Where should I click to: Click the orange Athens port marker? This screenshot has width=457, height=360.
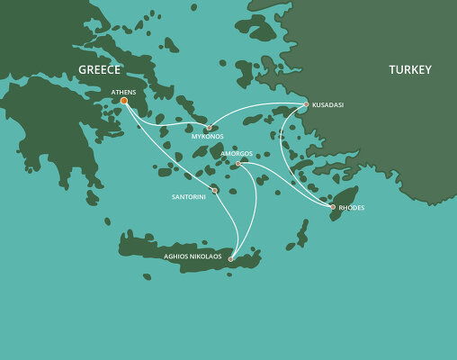click(x=124, y=101)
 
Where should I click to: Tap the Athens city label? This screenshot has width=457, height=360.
click(x=123, y=92)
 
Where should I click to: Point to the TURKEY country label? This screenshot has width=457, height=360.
click(x=410, y=70)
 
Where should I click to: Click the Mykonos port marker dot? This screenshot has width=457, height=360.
click(x=209, y=128)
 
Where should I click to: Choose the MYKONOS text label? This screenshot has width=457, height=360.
click(x=208, y=138)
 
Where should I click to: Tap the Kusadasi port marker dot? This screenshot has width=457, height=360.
click(x=306, y=104)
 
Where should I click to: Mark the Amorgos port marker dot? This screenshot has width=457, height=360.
click(x=237, y=164)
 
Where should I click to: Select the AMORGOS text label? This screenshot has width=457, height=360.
click(x=236, y=154)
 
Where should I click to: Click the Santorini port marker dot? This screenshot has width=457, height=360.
click(x=214, y=190)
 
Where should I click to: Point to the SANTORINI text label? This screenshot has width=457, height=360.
click(x=189, y=195)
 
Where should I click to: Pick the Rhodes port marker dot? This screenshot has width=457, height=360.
click(x=332, y=207)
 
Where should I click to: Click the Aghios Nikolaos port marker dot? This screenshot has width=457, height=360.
click(x=231, y=259)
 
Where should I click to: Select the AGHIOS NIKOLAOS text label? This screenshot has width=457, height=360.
click(x=193, y=256)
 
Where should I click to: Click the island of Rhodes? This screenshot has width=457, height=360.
click(x=343, y=200)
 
